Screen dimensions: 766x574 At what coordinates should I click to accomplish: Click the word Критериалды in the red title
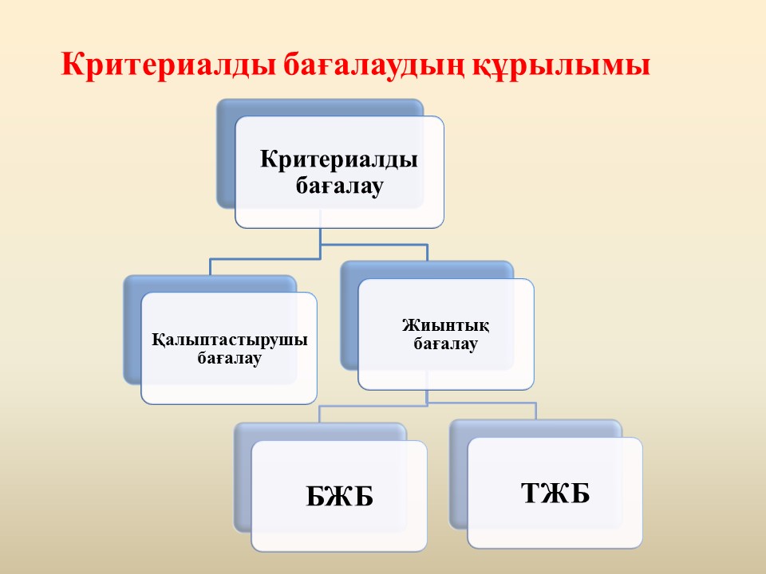168,65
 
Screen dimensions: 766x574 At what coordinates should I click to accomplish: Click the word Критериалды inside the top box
338,159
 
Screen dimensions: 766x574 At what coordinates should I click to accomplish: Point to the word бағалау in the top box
339,186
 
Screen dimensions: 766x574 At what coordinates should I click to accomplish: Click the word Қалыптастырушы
229,340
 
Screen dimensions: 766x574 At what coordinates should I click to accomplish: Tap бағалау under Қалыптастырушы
229,358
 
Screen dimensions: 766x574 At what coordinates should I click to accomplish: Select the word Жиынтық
445,325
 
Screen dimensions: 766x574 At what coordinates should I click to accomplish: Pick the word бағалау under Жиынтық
445,344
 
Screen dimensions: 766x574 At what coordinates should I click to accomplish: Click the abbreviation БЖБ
340,496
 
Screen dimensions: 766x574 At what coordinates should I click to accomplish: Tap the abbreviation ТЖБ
555,493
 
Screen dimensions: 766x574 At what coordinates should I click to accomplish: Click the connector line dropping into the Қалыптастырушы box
210,268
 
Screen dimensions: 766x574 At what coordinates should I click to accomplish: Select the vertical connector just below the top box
321,236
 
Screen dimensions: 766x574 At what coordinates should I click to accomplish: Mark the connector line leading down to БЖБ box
319,414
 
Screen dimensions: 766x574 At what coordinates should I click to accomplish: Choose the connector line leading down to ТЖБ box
536,411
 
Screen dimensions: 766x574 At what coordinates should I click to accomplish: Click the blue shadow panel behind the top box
226,156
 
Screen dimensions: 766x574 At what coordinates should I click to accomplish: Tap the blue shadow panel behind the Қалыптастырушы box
132,332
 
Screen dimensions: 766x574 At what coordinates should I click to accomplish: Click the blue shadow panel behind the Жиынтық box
349,317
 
